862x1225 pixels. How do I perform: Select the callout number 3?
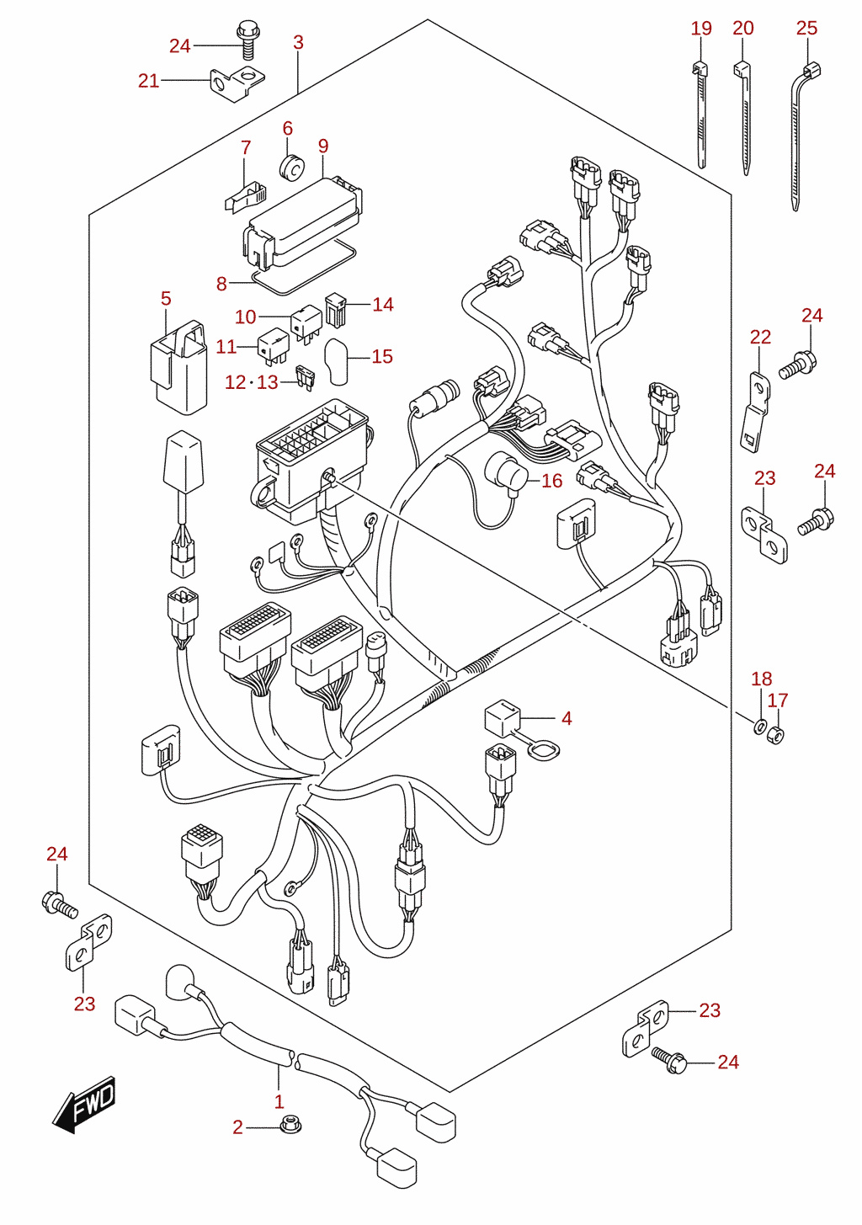tap(298, 43)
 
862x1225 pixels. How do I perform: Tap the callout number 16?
tap(552, 481)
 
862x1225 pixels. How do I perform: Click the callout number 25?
tap(806, 29)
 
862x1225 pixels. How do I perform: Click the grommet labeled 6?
tap(292, 168)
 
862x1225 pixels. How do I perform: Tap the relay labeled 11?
tap(274, 346)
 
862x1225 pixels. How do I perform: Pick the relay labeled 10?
tap(306, 324)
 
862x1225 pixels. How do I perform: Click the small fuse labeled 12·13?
tap(305, 378)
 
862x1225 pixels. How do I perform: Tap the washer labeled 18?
tap(759, 727)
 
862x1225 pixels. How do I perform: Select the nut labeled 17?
tap(776, 734)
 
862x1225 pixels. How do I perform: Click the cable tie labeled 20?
tap(742, 118)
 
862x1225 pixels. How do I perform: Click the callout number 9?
tap(323, 146)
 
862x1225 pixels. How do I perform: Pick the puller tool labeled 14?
tap(335, 311)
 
